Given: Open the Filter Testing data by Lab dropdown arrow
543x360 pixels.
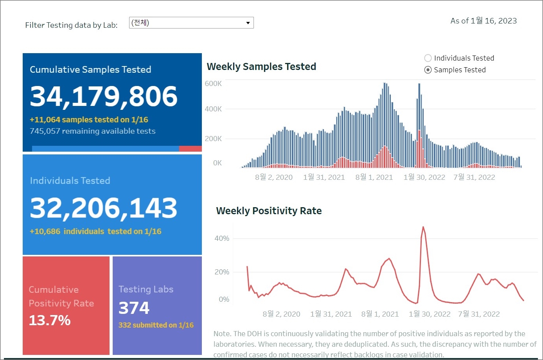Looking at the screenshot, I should pyautogui.click(x=248, y=23).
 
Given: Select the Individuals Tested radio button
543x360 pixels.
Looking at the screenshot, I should pyautogui.click(x=428, y=58).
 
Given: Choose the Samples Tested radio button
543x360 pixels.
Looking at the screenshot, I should pyautogui.click(x=428, y=70).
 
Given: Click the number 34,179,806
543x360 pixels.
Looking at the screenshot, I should pyautogui.click(x=104, y=96).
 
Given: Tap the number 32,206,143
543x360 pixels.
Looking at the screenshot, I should pyautogui.click(x=104, y=208).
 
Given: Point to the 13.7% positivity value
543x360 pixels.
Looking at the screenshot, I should pyautogui.click(x=50, y=321).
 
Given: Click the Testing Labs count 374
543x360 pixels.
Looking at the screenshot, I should pyautogui.click(x=134, y=308).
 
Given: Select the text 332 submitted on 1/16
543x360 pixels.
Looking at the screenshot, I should pyautogui.click(x=156, y=325).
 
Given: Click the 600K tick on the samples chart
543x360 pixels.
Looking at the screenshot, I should pyautogui.click(x=213, y=84).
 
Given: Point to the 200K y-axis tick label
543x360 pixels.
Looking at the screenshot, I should pyautogui.click(x=213, y=139).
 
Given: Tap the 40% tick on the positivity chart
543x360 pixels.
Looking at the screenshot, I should pyautogui.click(x=222, y=238).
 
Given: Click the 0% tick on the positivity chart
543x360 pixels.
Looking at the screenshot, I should pyautogui.click(x=224, y=299).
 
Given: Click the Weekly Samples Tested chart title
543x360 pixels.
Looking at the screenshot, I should pyautogui.click(x=261, y=67).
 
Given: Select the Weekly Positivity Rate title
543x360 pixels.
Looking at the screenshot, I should pyautogui.click(x=269, y=211).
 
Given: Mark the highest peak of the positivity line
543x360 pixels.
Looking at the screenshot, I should pyautogui.click(x=423, y=227).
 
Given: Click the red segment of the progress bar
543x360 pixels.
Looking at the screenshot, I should pyautogui.click(x=190, y=149).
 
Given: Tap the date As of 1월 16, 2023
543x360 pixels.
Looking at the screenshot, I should pyautogui.click(x=484, y=21).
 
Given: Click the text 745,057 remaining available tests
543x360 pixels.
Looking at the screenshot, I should pyautogui.click(x=93, y=131).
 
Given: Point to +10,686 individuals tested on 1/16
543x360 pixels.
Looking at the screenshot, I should pyautogui.click(x=95, y=231).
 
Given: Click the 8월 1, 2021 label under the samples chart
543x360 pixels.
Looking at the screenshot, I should pyautogui.click(x=374, y=177).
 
